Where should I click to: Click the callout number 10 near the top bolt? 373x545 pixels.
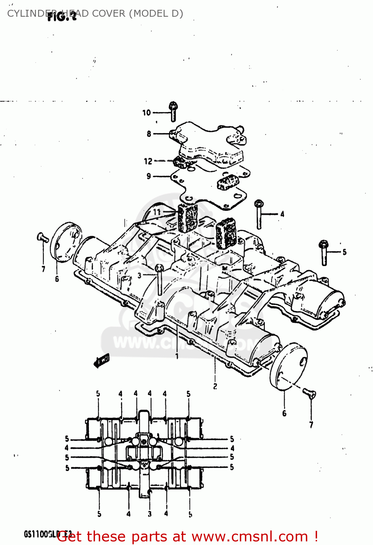pos(146,113)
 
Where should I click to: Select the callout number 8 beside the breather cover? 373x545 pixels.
pos(149,134)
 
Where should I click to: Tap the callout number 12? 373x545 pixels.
pos(148,161)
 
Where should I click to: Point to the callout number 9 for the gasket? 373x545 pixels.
pos(149,176)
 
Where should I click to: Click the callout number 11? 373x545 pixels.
pos(157,211)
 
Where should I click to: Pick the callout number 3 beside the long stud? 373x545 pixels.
pos(139,276)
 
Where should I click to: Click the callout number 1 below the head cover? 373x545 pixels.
pos(177,356)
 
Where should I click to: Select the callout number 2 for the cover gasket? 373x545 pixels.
pos(215,386)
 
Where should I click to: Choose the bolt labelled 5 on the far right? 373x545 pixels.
pos(323,252)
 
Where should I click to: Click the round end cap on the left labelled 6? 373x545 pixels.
pos(66,242)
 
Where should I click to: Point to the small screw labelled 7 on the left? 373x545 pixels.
pos(42,238)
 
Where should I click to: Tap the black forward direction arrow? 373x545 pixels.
pos(101,360)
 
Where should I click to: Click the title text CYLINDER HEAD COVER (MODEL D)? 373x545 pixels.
pos(95,13)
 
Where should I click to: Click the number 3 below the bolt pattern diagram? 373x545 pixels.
pos(149,514)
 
